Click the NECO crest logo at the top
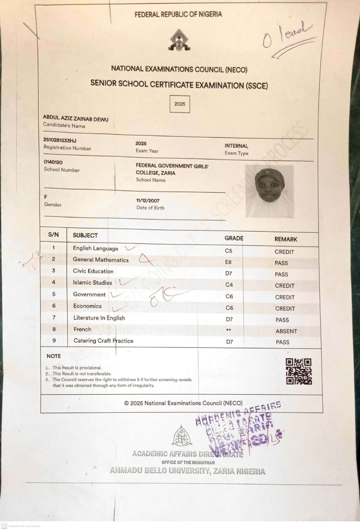[x=179, y=41]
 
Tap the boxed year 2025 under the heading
[x=180, y=104]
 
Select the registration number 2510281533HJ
[x=60, y=140]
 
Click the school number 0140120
[x=53, y=162]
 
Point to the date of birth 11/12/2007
[x=148, y=201]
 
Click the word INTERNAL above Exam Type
[x=236, y=146]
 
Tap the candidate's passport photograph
[x=269, y=191]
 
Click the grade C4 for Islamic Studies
[x=229, y=285]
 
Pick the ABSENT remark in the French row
[x=286, y=331]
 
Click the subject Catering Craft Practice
[x=103, y=341]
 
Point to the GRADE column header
[x=234, y=238]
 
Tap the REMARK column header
[x=286, y=239]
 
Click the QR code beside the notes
[x=299, y=371]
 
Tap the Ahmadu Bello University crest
[x=182, y=436]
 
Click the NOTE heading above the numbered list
[x=53, y=356]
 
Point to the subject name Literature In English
[x=99, y=318]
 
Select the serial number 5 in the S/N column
[x=54, y=294]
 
